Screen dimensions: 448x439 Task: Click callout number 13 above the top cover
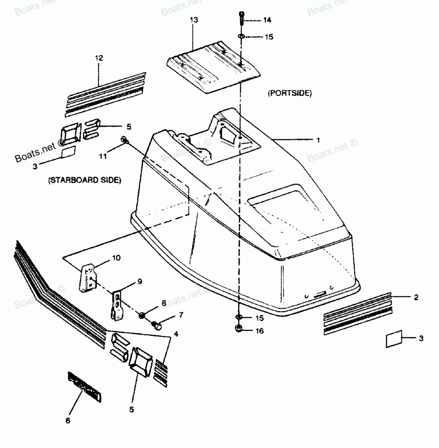click(194, 20)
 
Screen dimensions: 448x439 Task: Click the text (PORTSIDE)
click(289, 93)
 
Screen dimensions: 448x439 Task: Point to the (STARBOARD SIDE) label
click(84, 180)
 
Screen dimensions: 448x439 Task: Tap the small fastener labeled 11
click(124, 140)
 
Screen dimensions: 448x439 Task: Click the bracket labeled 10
click(88, 277)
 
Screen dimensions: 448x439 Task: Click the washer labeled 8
click(142, 315)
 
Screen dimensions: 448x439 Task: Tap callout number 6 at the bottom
click(68, 420)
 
